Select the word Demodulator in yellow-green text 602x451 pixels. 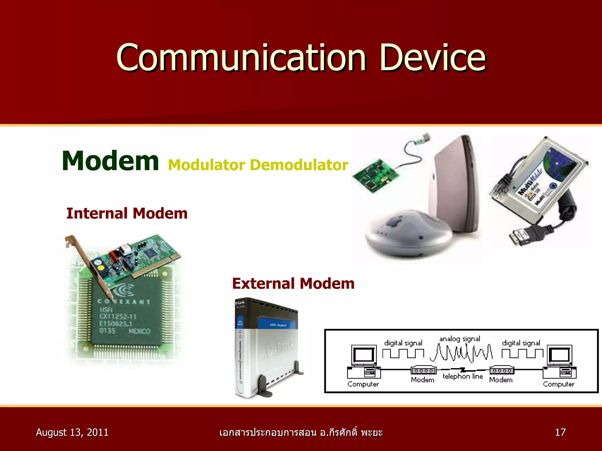(299, 165)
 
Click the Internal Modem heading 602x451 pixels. (127, 213)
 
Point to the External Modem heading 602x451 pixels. (293, 284)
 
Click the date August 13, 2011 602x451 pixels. (72, 432)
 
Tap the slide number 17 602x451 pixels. (560, 432)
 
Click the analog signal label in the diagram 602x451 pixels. (459, 339)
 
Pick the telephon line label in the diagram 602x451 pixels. (463, 376)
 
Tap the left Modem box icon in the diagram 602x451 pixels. (423, 371)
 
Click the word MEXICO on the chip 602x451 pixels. (139, 331)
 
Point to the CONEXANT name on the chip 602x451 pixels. (124, 302)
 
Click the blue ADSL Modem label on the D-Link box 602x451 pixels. (278, 325)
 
